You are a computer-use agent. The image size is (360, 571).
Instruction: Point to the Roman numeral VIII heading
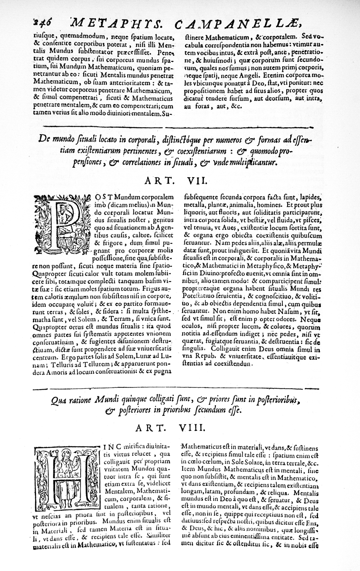pos(199,428)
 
